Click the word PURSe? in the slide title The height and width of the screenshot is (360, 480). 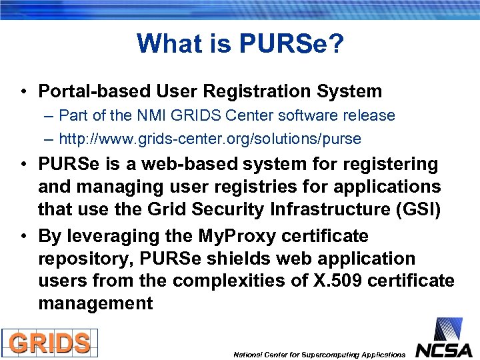click(x=291, y=44)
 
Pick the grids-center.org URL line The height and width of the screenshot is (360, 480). click(x=209, y=139)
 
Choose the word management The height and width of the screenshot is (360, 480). click(x=95, y=304)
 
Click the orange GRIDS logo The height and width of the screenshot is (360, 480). click(x=49, y=343)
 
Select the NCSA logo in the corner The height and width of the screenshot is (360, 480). click(x=444, y=339)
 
